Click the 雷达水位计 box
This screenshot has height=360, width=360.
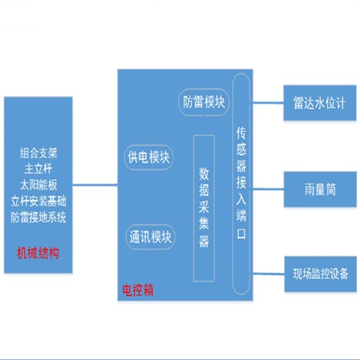click(319, 103)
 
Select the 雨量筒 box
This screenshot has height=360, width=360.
click(319, 190)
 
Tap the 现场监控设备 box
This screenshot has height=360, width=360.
click(319, 273)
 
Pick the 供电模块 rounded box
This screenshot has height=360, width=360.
click(149, 157)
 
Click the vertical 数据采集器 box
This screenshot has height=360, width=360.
click(204, 207)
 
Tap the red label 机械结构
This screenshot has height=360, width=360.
click(38, 253)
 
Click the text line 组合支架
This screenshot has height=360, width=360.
click(38, 153)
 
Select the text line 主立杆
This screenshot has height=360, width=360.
click(38, 168)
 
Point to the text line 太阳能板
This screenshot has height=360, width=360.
click(38, 184)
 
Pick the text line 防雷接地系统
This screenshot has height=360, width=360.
click(38, 217)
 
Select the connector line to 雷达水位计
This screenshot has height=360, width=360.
click(267, 103)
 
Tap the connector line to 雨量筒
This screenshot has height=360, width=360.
click(267, 189)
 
